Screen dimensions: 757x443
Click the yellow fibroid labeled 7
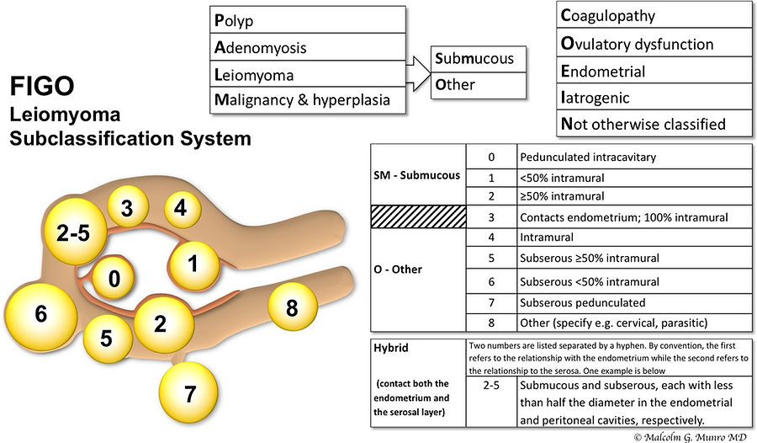click(x=188, y=392)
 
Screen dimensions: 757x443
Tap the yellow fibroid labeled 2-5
click(x=75, y=232)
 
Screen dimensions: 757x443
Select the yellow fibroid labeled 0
click(x=114, y=278)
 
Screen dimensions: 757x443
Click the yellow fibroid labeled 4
click(x=182, y=208)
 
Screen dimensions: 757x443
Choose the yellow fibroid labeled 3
click(x=127, y=208)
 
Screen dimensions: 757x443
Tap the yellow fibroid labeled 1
click(x=194, y=265)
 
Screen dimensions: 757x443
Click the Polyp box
click(x=308, y=20)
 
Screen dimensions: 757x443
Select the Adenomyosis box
click(x=308, y=47)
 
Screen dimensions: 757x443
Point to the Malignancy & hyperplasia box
click(x=308, y=100)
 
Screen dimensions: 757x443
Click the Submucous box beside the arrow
click(x=479, y=59)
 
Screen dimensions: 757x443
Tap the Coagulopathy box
click(x=654, y=15)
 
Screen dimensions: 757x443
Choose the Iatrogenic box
click(x=654, y=97)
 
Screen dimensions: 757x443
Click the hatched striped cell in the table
click(x=418, y=216)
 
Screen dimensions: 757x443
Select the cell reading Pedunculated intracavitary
click(x=634, y=157)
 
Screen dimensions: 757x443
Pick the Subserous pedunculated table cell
click(x=634, y=302)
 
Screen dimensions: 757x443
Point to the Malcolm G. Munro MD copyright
click(x=691, y=437)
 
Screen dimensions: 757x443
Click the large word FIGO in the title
click(x=42, y=86)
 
